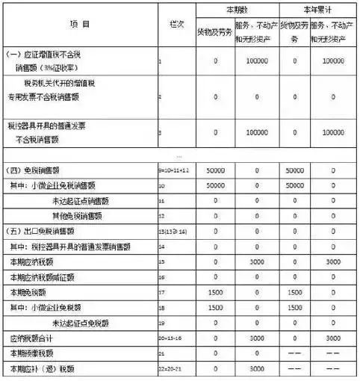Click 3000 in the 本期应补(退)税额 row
pyautogui.click(x=256, y=368)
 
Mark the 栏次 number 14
pyautogui.click(x=162, y=246)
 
